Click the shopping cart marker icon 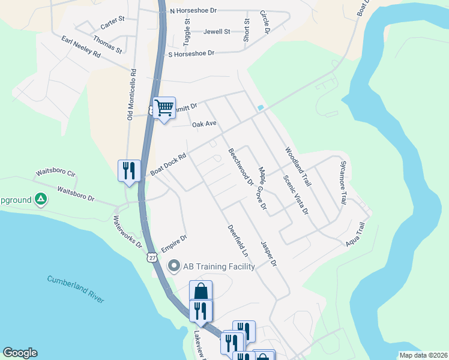164,109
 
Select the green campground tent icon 40,198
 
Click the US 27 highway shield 152,257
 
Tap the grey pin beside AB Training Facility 175,265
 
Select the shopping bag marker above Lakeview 201,292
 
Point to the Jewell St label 217,31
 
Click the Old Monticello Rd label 132,94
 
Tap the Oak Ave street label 204,124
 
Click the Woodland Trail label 299,166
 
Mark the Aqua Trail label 355,236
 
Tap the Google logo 20,353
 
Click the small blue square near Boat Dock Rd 261,107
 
